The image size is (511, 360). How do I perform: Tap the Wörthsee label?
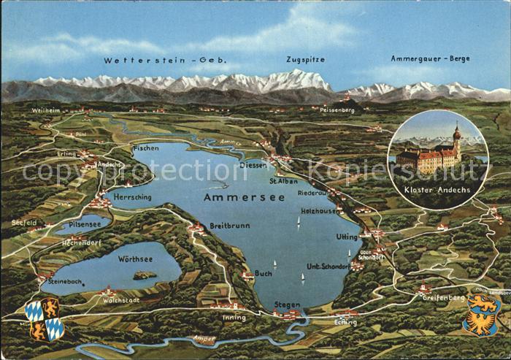135,258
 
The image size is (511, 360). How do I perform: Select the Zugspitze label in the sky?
307,59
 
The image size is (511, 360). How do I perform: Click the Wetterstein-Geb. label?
165,60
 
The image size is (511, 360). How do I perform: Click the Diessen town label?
253,164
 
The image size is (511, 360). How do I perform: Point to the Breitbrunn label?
229,226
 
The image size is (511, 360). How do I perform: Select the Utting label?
347,237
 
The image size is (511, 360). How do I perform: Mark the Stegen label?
287,305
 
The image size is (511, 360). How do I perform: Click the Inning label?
234,318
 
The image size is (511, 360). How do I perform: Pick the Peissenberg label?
337,110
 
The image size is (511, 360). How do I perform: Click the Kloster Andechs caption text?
437,189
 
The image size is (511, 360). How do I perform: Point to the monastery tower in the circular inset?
457,139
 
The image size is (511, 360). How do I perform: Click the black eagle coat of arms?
483,314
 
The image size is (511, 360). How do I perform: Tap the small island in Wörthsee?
144,275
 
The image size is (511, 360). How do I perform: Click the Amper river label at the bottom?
204,339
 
